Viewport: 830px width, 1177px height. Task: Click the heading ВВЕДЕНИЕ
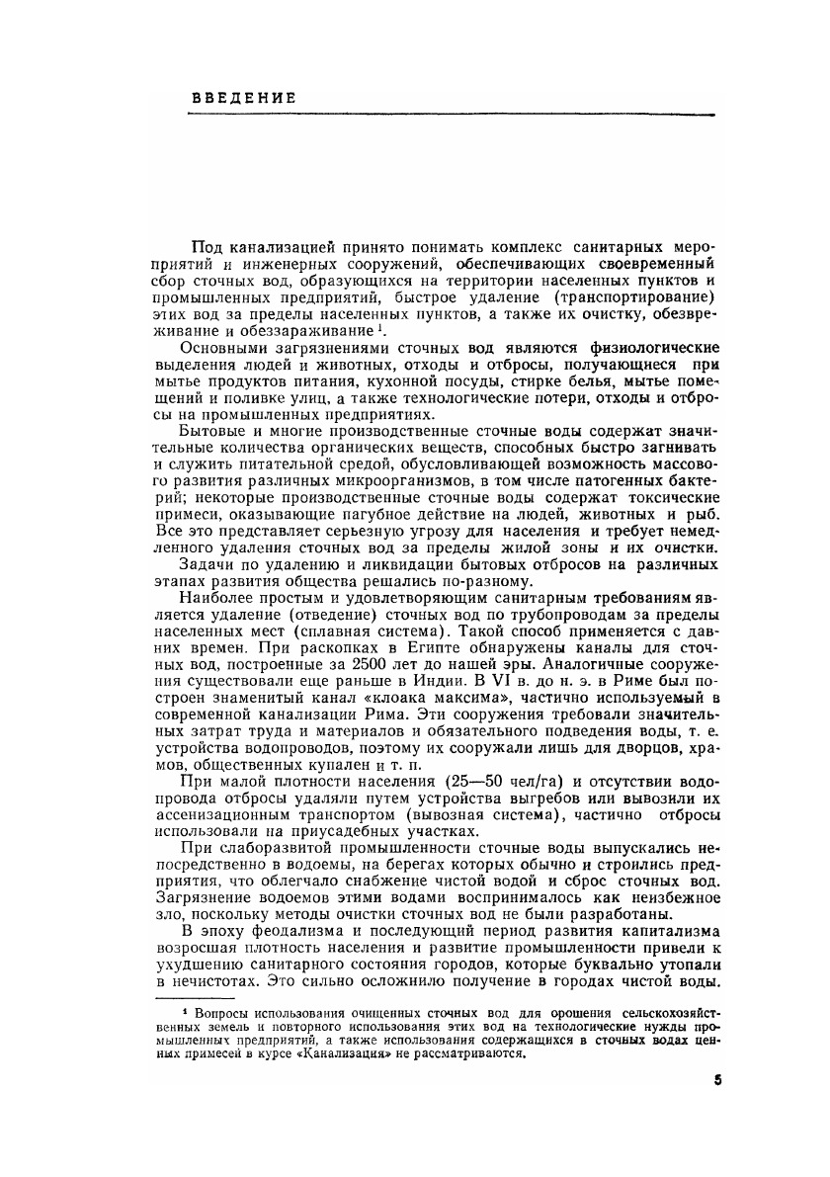[244, 98]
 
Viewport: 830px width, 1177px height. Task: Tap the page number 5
[716, 1080]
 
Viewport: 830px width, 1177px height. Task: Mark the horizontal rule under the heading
[422, 116]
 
